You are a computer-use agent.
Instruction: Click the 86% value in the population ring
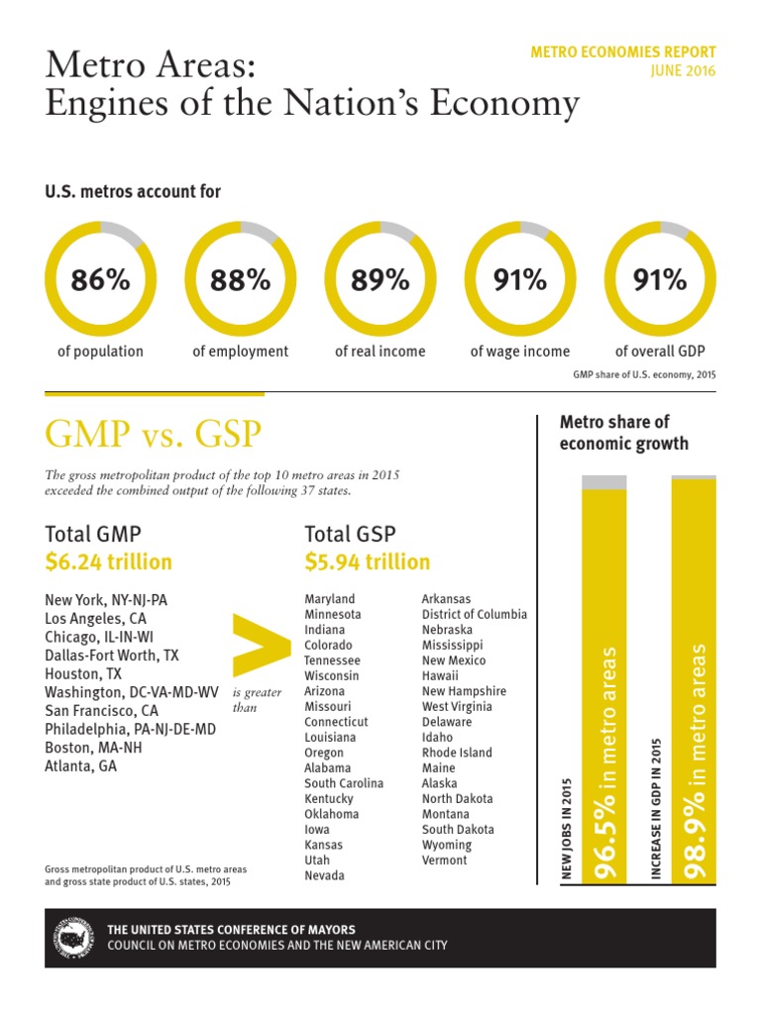point(100,280)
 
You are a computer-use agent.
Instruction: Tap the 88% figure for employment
point(240,280)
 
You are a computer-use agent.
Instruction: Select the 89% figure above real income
point(380,280)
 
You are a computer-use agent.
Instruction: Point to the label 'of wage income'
point(520,352)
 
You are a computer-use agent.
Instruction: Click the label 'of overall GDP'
point(660,352)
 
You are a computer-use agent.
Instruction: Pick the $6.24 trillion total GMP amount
point(108,562)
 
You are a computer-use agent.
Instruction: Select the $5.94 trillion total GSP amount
point(368,562)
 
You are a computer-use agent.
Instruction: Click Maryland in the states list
point(329,599)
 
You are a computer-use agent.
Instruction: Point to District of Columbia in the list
point(474,614)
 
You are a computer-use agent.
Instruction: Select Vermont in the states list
point(444,861)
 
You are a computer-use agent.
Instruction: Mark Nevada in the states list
point(324,875)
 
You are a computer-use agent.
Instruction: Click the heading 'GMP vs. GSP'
point(154,433)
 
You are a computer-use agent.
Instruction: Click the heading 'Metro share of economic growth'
point(623,433)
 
